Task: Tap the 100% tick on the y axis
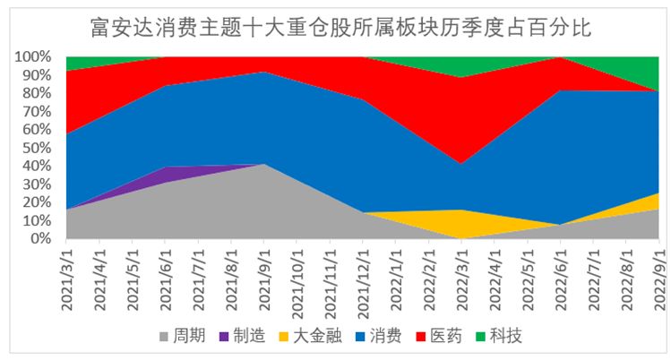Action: [x=35, y=56]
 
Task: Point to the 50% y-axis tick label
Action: [x=38, y=148]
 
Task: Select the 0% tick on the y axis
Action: [x=45, y=239]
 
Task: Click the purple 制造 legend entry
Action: [x=234, y=337]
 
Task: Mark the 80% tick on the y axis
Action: [x=38, y=93]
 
